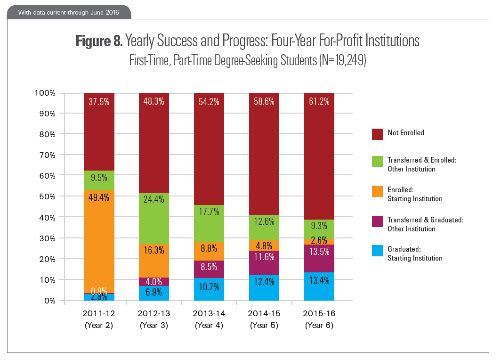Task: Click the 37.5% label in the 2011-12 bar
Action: [x=99, y=101]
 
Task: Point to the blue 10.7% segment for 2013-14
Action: [x=209, y=289]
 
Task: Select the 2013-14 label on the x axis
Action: [x=209, y=313]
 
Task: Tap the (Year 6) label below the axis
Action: [x=319, y=326]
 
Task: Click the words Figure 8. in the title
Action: [x=99, y=41]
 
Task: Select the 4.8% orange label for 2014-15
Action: [x=264, y=245]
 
